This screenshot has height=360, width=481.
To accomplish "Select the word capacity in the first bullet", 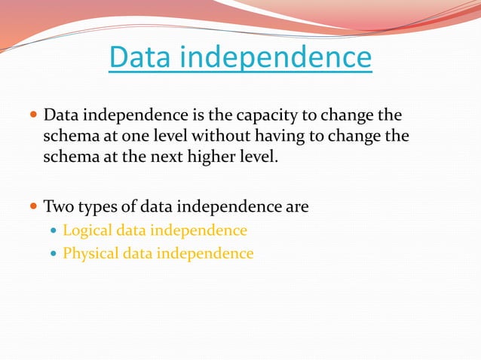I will tap(274, 117).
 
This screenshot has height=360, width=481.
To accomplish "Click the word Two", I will tap(58, 206).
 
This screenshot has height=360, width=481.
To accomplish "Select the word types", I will tap(97, 206).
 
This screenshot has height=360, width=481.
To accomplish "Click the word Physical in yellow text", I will tap(90, 254).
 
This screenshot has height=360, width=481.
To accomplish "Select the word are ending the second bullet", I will tap(297, 206).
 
